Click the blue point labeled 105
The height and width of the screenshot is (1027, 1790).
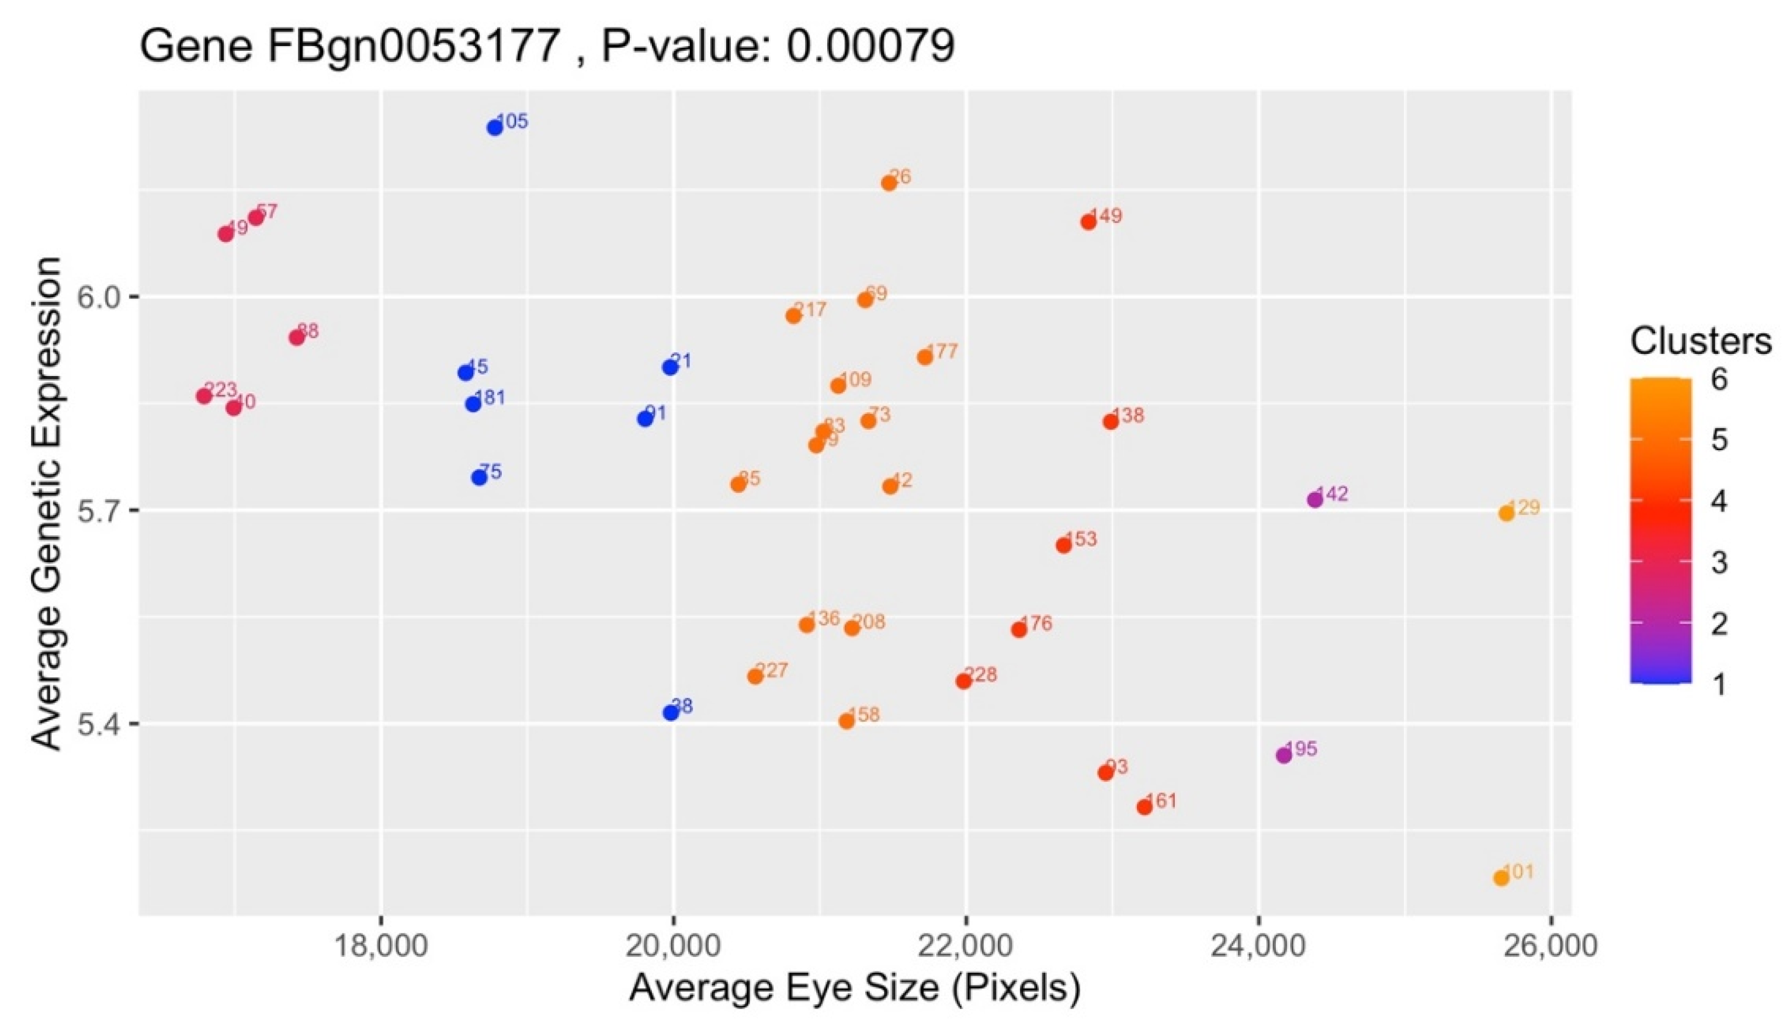[495, 128]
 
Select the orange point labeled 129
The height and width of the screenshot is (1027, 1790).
[1506, 514]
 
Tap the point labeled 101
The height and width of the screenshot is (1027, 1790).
[1501, 878]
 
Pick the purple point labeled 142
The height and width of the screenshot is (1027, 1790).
[1314, 499]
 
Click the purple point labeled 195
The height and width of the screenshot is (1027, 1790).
[1283, 756]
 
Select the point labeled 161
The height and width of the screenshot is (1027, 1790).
[1144, 807]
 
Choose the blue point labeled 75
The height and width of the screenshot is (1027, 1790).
[479, 478]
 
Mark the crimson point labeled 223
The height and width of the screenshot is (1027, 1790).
[204, 396]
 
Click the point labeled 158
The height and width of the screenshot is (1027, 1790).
[847, 721]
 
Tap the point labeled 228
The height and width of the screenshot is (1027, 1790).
[964, 681]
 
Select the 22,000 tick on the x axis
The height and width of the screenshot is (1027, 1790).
[965, 946]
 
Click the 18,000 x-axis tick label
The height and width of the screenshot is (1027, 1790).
[381, 946]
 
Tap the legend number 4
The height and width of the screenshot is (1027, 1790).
[1719, 502]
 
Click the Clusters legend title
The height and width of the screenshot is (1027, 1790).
[1701, 342]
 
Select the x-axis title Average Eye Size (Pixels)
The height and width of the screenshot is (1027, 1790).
[855, 989]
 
